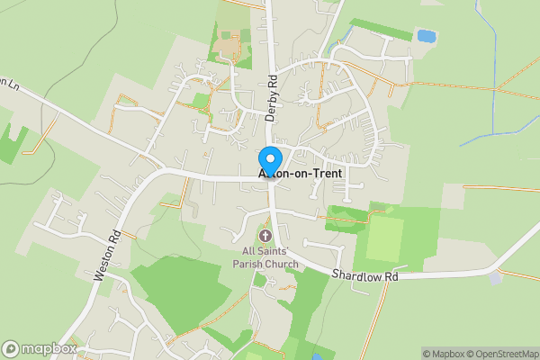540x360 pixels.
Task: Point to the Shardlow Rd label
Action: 364,274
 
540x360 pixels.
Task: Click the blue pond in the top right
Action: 426,37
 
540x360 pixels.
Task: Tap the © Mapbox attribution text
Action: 442,353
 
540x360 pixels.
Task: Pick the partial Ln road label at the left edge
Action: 9,83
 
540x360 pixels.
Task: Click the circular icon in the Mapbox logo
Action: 11,348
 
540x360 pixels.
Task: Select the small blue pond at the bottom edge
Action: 314,356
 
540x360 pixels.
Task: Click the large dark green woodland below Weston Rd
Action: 184,288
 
